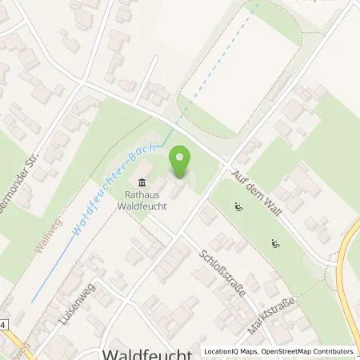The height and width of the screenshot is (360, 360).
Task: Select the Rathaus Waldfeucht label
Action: click(x=144, y=198)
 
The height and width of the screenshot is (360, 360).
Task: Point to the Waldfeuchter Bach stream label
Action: click(x=119, y=182)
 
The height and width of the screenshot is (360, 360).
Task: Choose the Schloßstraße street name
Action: click(x=223, y=271)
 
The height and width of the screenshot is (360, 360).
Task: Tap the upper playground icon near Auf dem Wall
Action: click(x=238, y=208)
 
